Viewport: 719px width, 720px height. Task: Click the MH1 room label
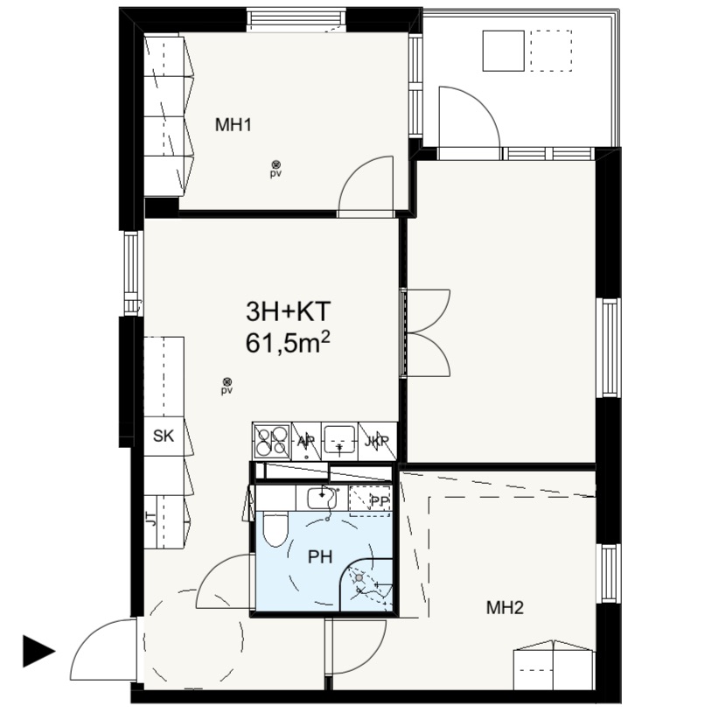[234, 125]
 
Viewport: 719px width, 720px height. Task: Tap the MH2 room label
[505, 608]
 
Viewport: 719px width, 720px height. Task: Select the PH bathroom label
[320, 557]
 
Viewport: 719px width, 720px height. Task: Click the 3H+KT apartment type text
[289, 311]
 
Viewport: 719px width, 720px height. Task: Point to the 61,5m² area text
[289, 343]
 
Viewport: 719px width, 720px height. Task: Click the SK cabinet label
[164, 436]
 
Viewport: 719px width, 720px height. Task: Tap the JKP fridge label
[376, 441]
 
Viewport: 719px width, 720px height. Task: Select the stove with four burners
[272, 441]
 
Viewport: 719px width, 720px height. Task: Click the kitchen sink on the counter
[339, 440]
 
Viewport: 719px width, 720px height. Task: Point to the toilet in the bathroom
[275, 529]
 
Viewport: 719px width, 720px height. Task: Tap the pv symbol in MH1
[276, 169]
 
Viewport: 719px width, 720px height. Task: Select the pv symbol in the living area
[227, 386]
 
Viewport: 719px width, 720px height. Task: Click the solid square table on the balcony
[503, 51]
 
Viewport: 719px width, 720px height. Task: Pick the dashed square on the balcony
[551, 51]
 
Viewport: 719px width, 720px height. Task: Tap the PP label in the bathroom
[380, 501]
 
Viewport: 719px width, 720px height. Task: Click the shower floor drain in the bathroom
[359, 577]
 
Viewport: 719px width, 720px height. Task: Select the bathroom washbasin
[321, 498]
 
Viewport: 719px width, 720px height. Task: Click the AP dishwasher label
[306, 441]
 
